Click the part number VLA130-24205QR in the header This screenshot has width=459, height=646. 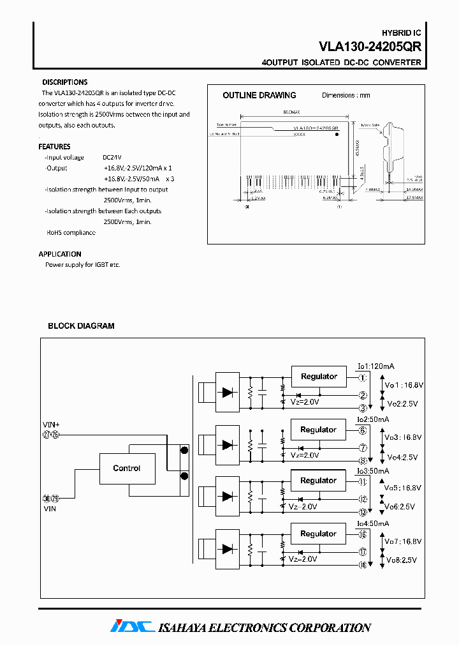(x=370, y=46)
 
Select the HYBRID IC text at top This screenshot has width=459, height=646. (x=401, y=33)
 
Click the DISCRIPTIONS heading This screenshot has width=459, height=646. (x=65, y=82)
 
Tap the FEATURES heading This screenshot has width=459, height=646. (x=55, y=146)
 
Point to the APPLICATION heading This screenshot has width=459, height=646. (x=60, y=254)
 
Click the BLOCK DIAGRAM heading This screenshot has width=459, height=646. (x=81, y=326)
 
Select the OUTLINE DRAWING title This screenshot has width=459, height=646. (x=259, y=95)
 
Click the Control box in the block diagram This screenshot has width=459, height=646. (x=127, y=469)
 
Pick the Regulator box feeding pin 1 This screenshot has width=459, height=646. (x=319, y=377)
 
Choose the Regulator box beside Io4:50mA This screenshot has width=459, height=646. (x=319, y=534)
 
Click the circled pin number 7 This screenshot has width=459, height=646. (x=362, y=448)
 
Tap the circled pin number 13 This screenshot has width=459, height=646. (x=362, y=512)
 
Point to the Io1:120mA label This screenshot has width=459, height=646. (x=375, y=366)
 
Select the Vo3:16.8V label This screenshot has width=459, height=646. (x=404, y=438)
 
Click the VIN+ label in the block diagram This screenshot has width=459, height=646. (x=51, y=424)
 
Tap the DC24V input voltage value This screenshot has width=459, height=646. (x=112, y=157)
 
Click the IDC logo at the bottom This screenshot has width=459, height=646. (x=132, y=627)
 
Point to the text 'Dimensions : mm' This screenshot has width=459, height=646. (x=346, y=95)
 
